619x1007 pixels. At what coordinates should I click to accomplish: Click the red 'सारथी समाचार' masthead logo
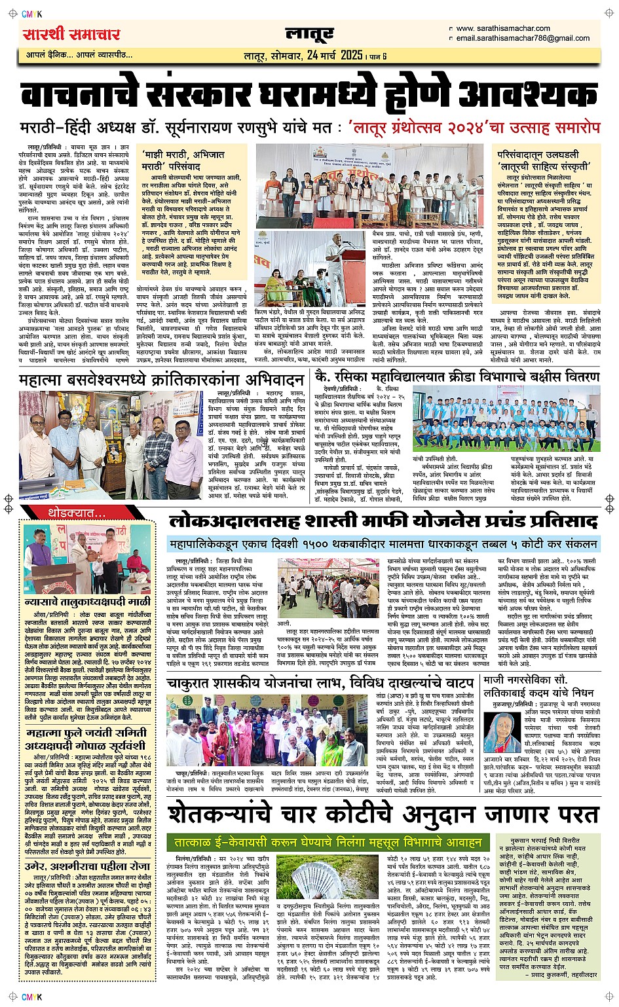71,34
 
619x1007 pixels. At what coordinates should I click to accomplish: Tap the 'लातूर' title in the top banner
309,34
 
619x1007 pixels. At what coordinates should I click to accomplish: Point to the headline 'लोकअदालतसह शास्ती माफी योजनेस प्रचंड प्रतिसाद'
383,521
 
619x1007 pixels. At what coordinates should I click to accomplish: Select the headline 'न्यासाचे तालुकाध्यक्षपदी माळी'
87,601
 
